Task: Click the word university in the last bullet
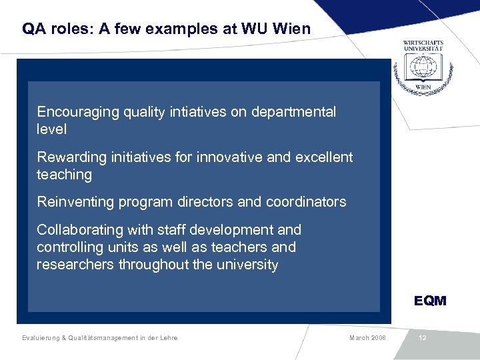coord(247,265)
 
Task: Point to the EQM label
coord(430,301)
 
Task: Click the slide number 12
coord(423,338)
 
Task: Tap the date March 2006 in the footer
coord(367,338)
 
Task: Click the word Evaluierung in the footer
coord(39,338)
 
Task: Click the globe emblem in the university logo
coord(423,67)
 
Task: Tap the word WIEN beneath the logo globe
coord(423,87)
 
